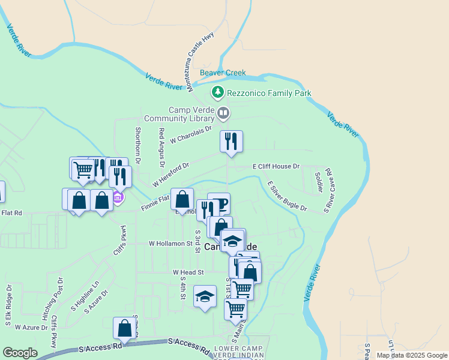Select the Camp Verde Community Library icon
pyautogui.click(x=223, y=113)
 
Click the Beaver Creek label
pyautogui.click(x=223, y=73)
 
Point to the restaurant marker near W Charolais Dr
pyautogui.click(x=231, y=142)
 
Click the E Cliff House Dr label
pyautogui.click(x=276, y=166)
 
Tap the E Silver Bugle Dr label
pyautogui.click(x=287, y=197)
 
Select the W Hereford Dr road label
pyautogui.click(x=170, y=173)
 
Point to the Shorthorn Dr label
pyautogui.click(x=137, y=146)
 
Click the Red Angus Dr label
pyautogui.click(x=161, y=147)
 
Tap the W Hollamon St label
pyautogui.click(x=170, y=244)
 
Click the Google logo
pyautogui.click(x=20, y=353)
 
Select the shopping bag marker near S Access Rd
pyautogui.click(x=124, y=328)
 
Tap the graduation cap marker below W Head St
pyautogui.click(x=205, y=296)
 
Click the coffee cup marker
pyautogui.click(x=219, y=203)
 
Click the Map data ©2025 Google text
pyautogui.click(x=411, y=355)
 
